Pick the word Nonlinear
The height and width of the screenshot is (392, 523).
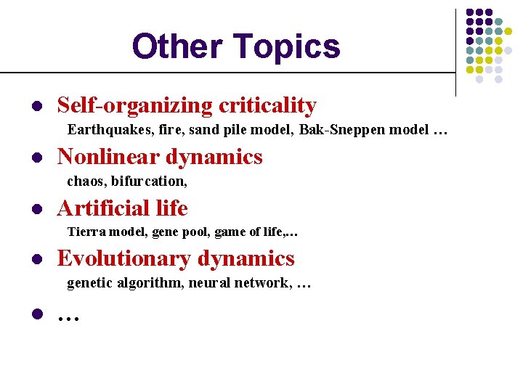[108, 157]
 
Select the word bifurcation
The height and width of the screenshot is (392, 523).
[149, 181]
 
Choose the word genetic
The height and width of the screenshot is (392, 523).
[89, 283]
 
